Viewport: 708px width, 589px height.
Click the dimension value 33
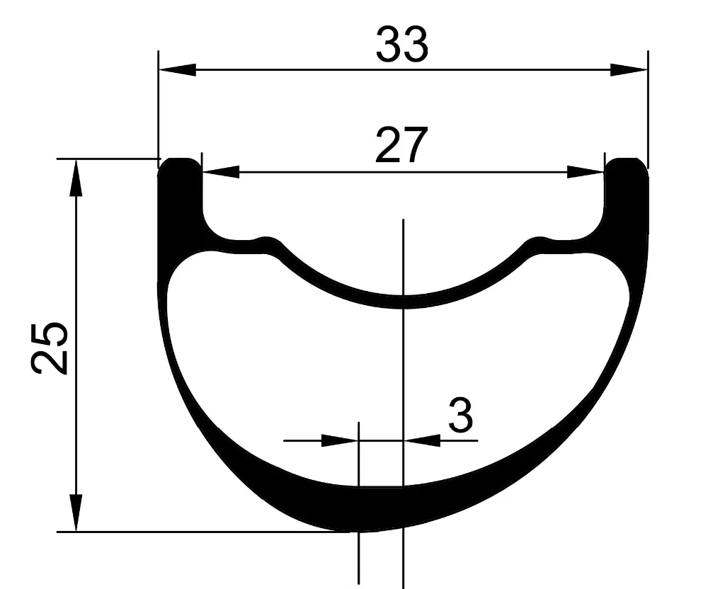pyautogui.click(x=401, y=44)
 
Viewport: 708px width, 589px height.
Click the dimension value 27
pyautogui.click(x=401, y=146)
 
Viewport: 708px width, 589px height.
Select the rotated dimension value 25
pyautogui.click(x=50, y=347)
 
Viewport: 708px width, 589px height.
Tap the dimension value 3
pyautogui.click(x=460, y=416)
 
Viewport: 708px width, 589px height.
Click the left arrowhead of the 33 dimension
pyautogui.click(x=177, y=69)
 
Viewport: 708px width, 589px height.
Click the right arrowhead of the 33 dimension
pyautogui.click(x=629, y=69)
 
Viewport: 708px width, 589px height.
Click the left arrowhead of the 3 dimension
pyautogui.click(x=340, y=440)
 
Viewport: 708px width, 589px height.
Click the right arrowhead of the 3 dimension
pyautogui.click(x=422, y=440)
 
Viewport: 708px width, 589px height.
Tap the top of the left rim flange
pyautogui.click(x=179, y=161)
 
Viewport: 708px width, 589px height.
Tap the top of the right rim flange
pyautogui.click(x=627, y=161)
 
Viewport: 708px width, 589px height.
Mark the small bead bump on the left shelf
pyautogui.click(x=268, y=241)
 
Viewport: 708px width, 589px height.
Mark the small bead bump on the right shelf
pyautogui.click(x=538, y=241)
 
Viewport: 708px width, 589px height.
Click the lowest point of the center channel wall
pyautogui.click(x=402, y=302)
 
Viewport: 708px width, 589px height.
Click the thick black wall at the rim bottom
pyautogui.click(x=382, y=508)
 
